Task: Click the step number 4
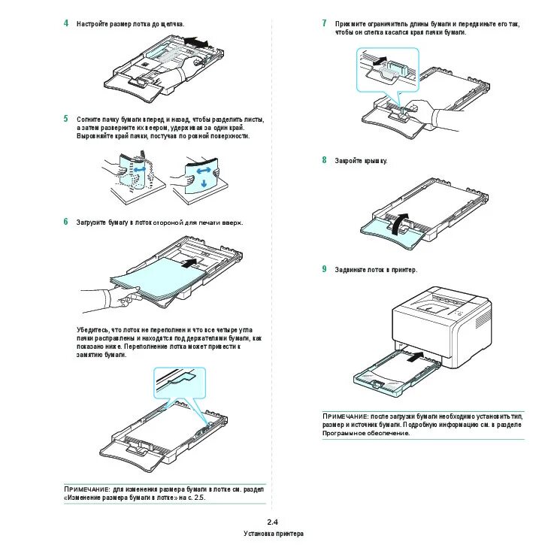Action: pyautogui.click(x=66, y=23)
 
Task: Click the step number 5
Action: pyautogui.click(x=66, y=119)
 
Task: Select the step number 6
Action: pyautogui.click(x=66, y=222)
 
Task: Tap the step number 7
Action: pyautogui.click(x=324, y=23)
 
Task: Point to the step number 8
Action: pyautogui.click(x=324, y=160)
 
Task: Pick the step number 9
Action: pyautogui.click(x=324, y=268)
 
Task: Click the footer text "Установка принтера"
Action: pyautogui.click(x=273, y=534)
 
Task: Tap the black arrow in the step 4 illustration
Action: pyautogui.click(x=196, y=41)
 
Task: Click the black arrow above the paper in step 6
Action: pyautogui.click(x=192, y=261)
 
